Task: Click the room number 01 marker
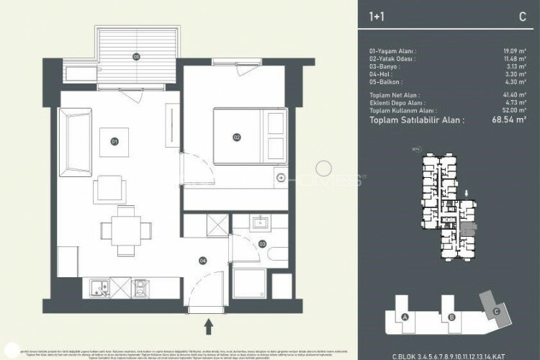click(114, 142)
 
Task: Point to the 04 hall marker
click(204, 260)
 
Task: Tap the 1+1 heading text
click(375, 15)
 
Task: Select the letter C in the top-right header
click(522, 15)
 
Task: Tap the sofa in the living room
click(72, 143)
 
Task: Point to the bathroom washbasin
click(259, 222)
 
